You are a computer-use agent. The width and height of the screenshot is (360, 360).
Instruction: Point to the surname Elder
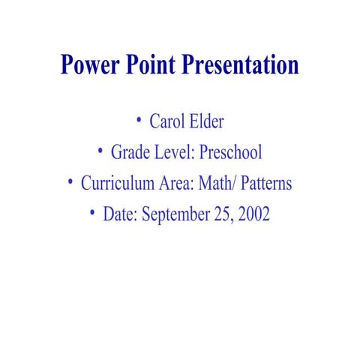coord(205,121)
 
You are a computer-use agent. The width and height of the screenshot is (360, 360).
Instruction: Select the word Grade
coord(129,153)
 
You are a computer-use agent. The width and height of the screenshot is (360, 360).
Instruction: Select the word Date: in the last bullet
coord(120,214)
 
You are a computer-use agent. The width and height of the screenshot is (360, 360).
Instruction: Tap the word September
coord(174,215)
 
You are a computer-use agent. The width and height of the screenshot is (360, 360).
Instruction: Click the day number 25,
coord(222,214)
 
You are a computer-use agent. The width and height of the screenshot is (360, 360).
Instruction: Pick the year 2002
coord(253,214)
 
